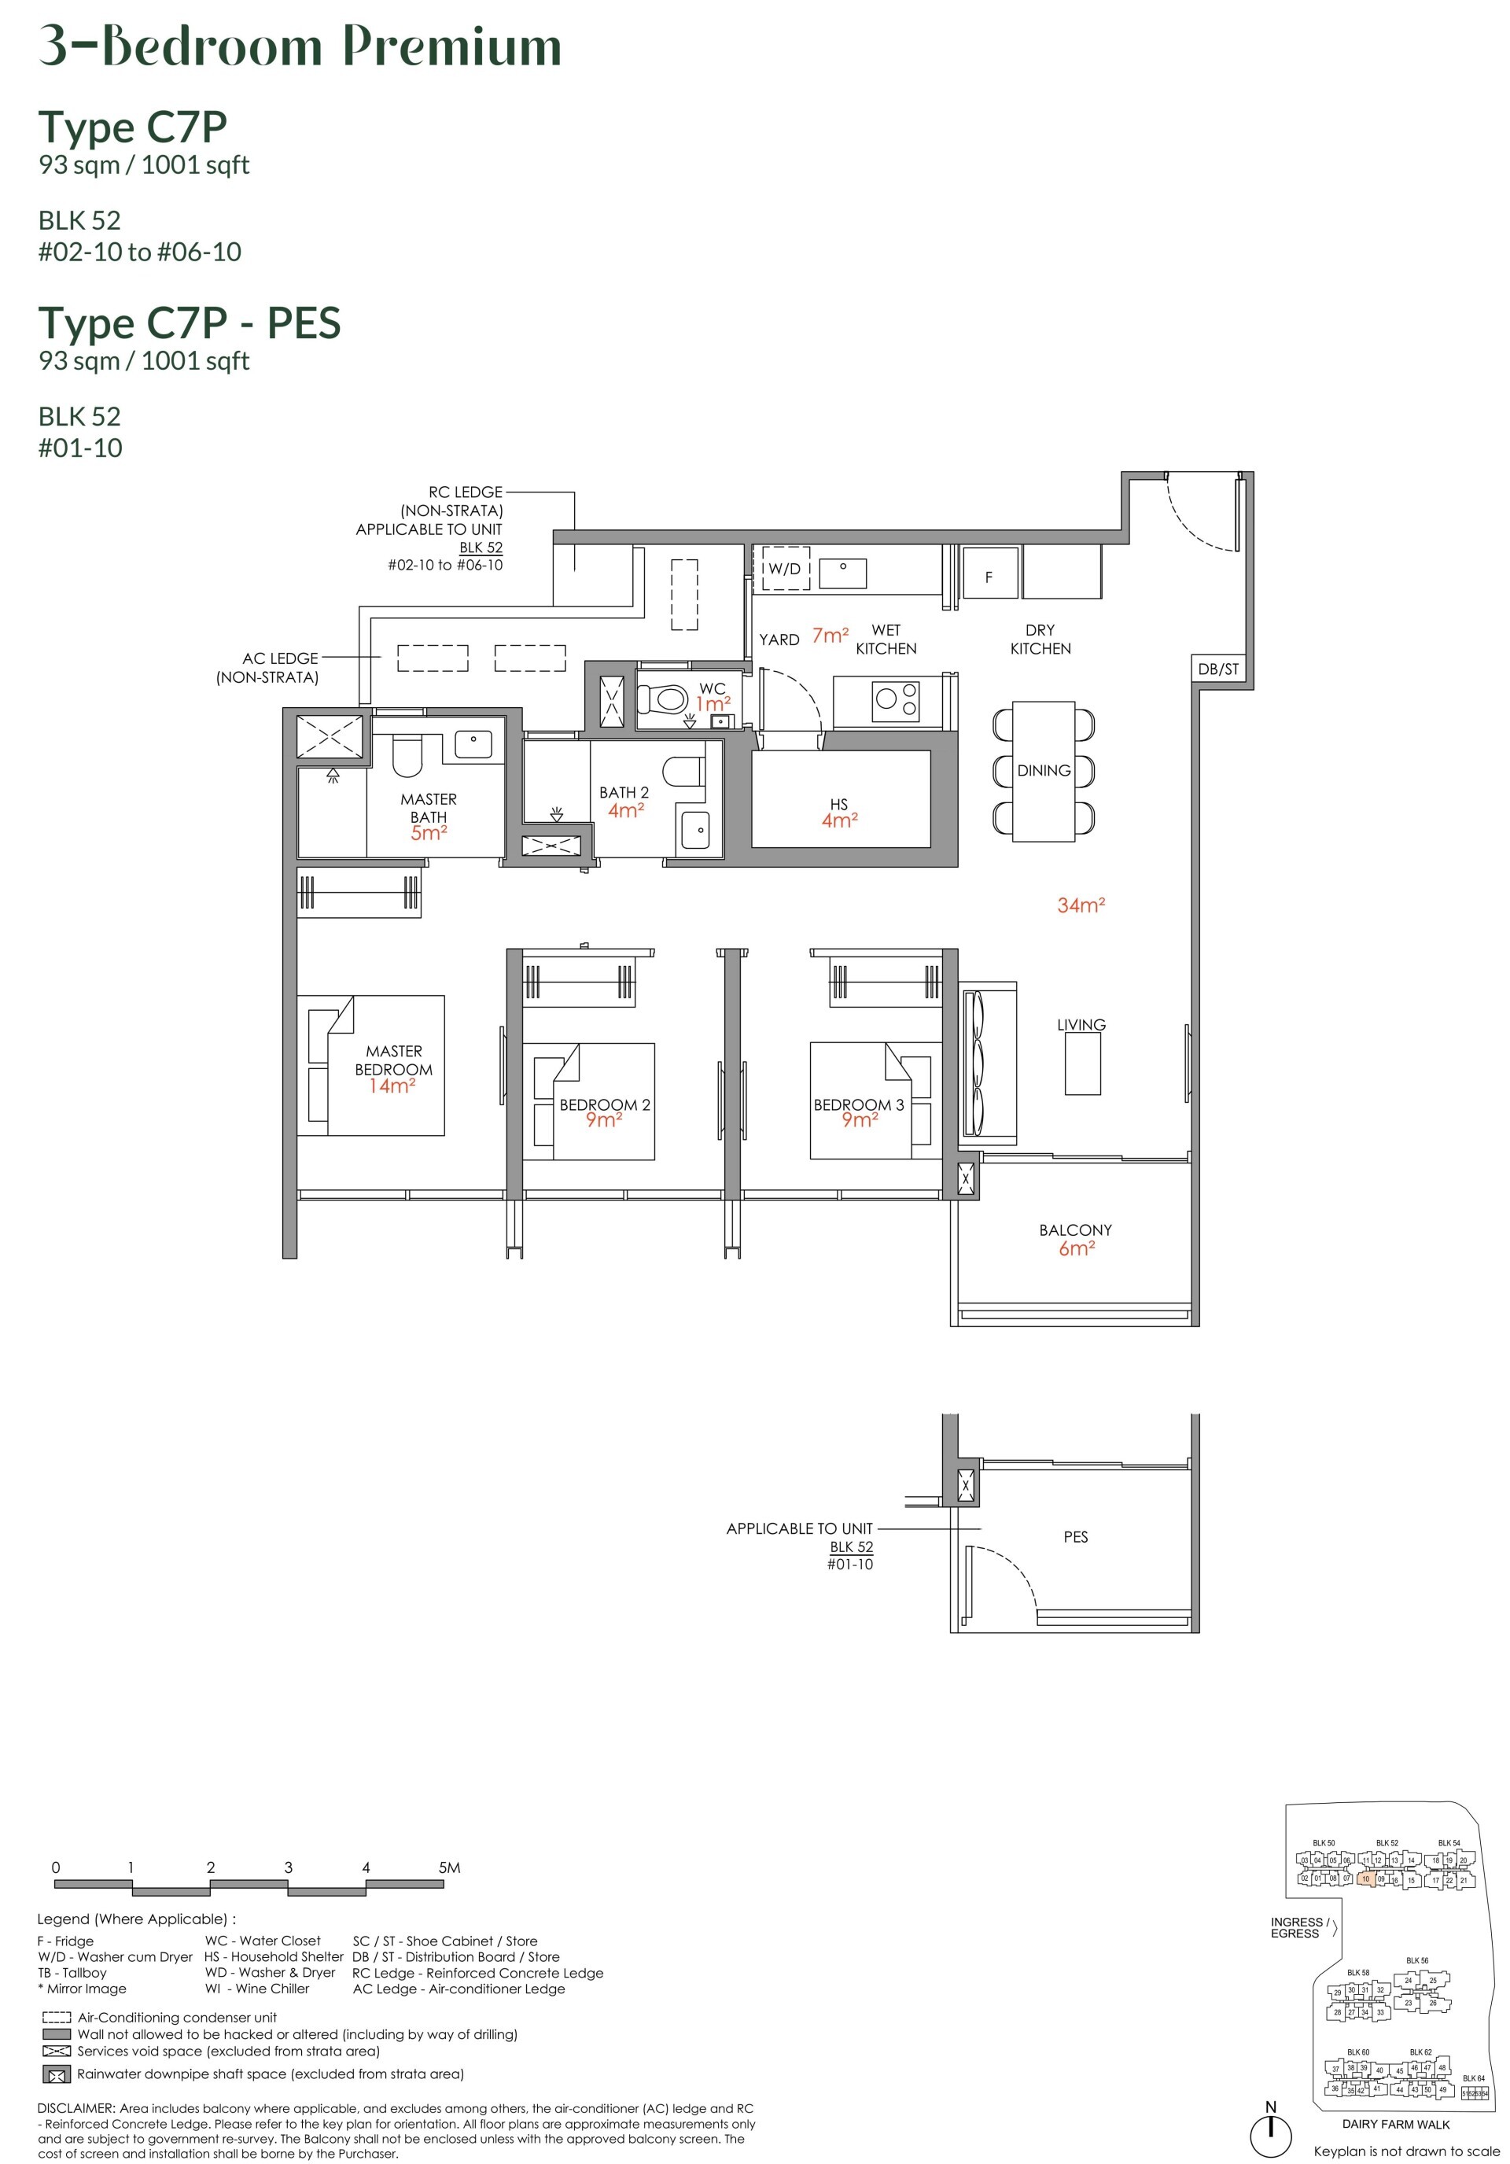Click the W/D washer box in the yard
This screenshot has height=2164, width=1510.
(x=784, y=568)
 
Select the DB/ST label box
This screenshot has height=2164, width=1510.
(x=1217, y=669)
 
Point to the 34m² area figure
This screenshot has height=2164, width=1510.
(x=1080, y=905)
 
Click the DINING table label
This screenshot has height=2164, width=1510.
(x=1044, y=770)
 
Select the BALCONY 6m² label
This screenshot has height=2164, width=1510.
(x=1075, y=1240)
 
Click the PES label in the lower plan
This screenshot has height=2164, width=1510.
(x=1075, y=1537)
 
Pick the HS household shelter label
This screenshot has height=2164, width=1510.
(x=839, y=813)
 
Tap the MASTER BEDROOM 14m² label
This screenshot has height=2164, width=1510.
(x=393, y=1069)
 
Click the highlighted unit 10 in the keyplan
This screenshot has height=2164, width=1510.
(x=1364, y=1878)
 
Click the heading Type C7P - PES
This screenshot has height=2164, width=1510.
(x=190, y=323)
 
